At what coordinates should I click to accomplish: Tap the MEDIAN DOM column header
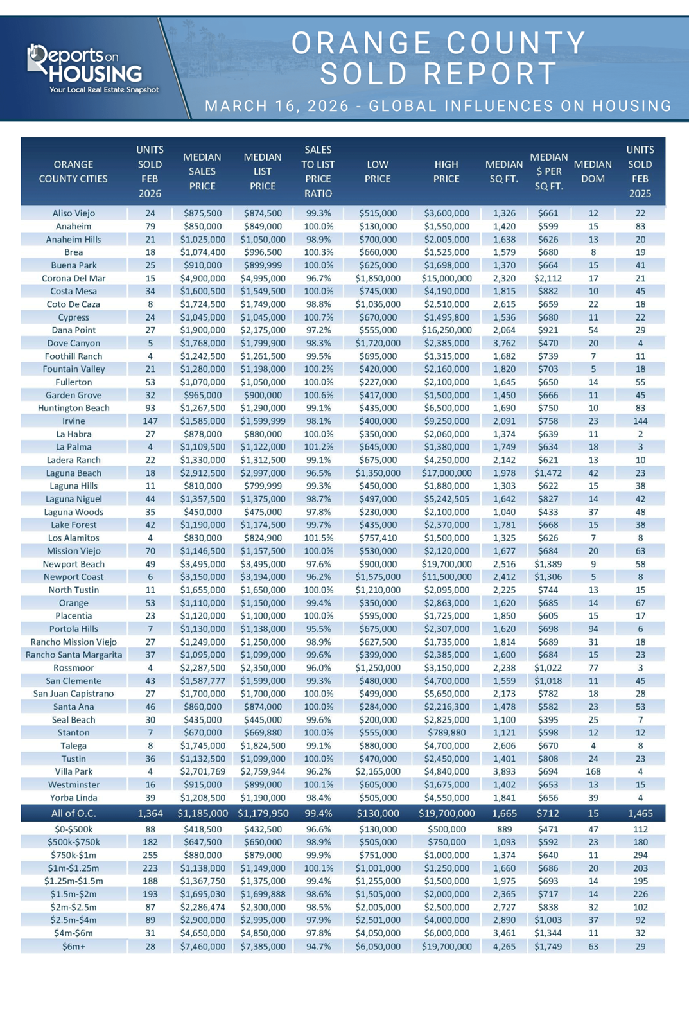coord(593,171)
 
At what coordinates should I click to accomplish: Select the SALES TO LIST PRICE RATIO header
coord(318,171)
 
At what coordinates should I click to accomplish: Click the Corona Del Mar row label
coord(73,278)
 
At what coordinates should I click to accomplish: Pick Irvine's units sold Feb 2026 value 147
coord(150,421)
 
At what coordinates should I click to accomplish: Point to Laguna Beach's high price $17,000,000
coord(446,473)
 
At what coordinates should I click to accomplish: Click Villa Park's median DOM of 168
coord(593,771)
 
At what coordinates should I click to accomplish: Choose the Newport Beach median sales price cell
coord(202,564)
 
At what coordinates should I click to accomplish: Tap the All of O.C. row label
coord(73,813)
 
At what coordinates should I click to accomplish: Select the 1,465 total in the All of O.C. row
coord(640,813)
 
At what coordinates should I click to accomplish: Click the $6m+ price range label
coord(73,946)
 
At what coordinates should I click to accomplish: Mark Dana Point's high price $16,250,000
coord(446,330)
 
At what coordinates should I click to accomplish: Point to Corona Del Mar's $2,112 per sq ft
coord(548,278)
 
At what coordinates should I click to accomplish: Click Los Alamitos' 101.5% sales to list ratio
coord(318,538)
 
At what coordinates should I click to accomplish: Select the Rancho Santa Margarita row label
coord(73,655)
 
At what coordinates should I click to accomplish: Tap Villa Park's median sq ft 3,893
coord(504,771)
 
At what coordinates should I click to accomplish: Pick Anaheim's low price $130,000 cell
coord(378,226)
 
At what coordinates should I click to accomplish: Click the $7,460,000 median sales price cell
coord(202,946)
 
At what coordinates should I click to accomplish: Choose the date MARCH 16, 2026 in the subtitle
coord(277,106)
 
